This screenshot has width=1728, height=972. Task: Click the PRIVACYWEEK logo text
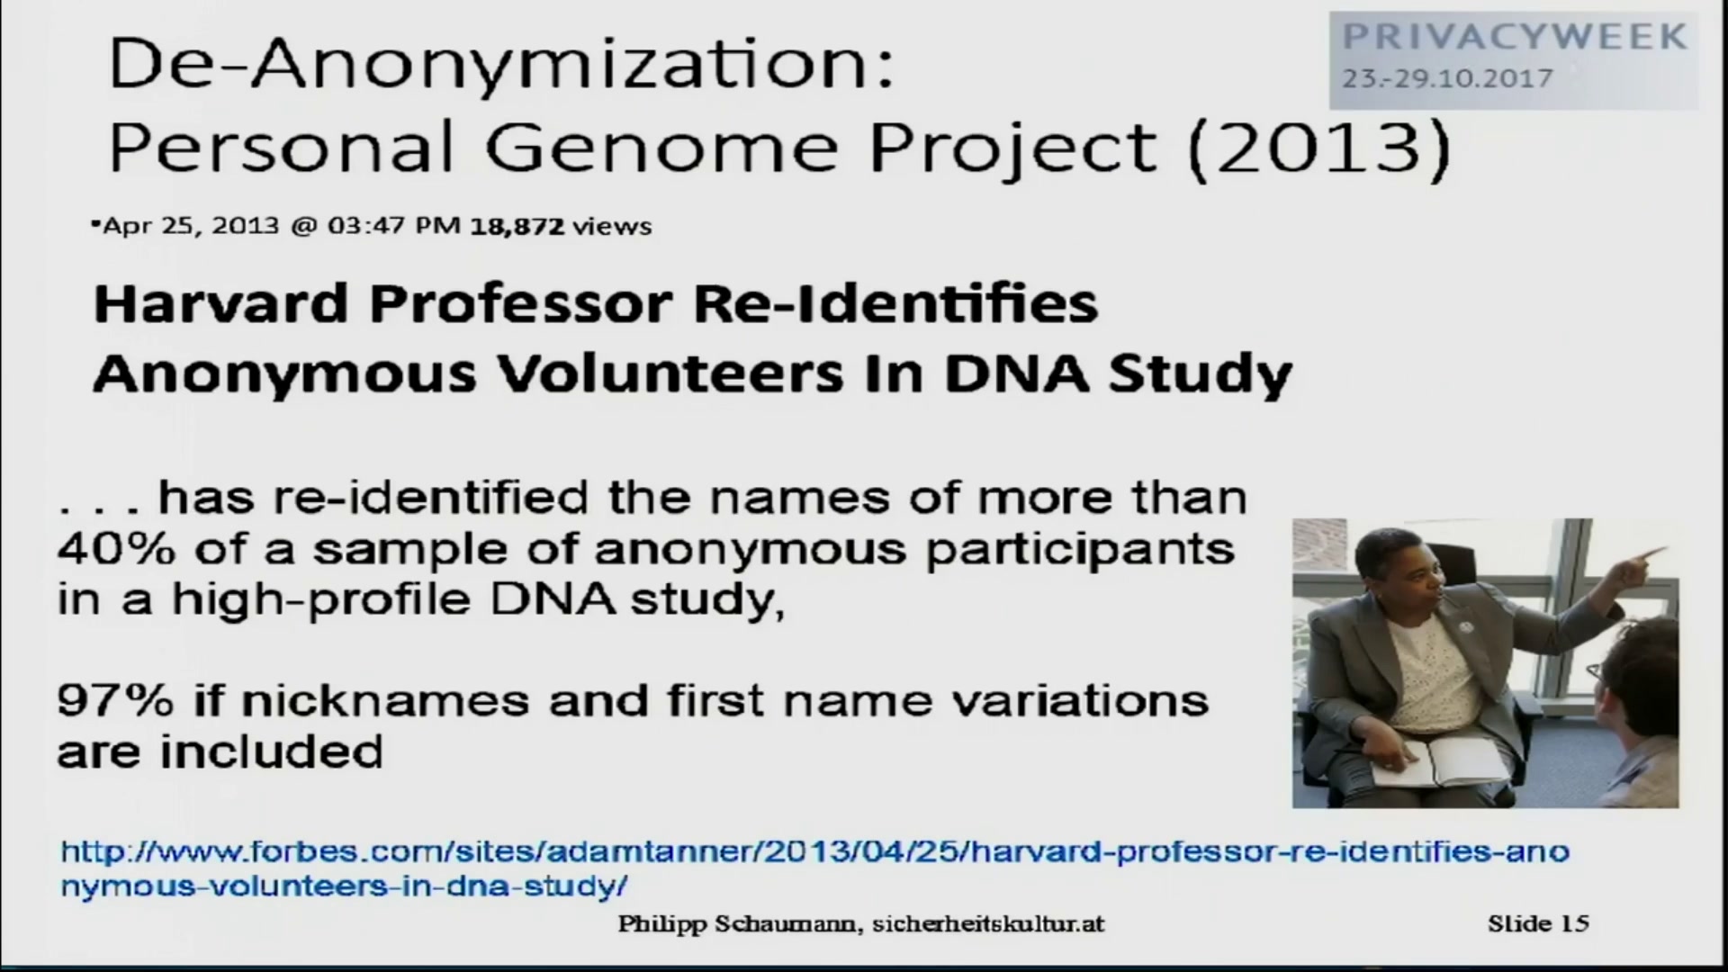1515,37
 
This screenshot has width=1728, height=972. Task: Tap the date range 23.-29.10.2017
1447,78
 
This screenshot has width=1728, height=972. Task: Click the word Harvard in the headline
220,303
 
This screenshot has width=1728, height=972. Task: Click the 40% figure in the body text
116,548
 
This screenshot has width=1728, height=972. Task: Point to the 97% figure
115,700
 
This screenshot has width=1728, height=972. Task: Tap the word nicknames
385,700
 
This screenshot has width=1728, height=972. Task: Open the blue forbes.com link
814,868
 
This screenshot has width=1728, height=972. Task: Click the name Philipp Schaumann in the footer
735,924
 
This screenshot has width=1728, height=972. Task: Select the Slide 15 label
1538,923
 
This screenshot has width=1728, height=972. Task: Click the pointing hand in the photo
1642,561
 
